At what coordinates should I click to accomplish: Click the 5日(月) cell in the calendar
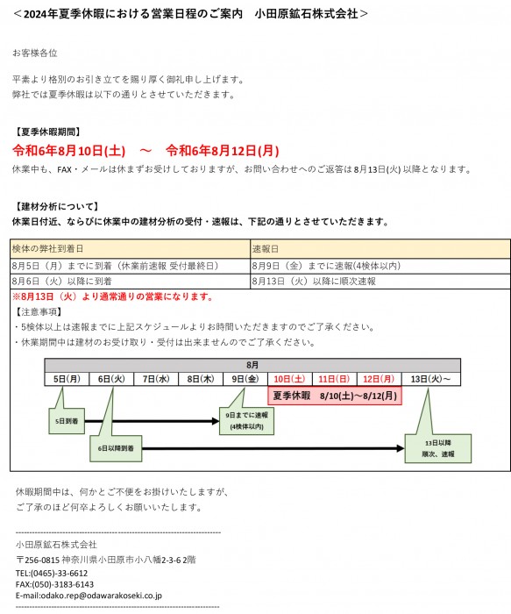coord(67,379)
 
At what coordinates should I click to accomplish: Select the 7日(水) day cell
coord(156,379)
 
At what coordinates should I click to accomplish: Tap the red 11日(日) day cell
coord(334,379)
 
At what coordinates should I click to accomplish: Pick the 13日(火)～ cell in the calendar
coord(430,379)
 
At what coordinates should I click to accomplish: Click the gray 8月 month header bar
coord(252,365)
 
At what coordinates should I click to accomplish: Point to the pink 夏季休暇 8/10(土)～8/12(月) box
coord(335,396)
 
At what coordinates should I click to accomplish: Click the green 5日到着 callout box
coord(67,421)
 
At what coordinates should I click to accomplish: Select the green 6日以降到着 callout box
coord(116,448)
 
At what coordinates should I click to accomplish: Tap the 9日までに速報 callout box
coord(247,420)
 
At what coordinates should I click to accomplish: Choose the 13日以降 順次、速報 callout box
coord(438,448)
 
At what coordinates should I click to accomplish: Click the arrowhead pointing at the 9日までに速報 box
coord(216,421)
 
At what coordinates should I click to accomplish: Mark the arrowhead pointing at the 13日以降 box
coord(401,448)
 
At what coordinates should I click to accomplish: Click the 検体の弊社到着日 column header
coord(131,248)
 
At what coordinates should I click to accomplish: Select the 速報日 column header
coord(380,248)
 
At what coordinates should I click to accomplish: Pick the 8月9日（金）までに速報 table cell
coord(380,266)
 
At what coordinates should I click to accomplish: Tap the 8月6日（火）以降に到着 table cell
coord(131,282)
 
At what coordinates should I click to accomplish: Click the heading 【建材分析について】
coord(56,206)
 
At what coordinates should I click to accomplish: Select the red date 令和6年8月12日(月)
coord(223,150)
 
